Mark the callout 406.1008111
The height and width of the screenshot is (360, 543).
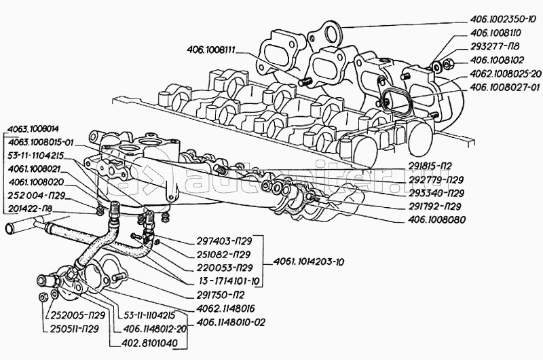click(x=214, y=49)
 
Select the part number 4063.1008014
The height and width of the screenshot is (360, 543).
click(x=31, y=128)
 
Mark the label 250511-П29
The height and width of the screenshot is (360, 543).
click(x=75, y=329)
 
